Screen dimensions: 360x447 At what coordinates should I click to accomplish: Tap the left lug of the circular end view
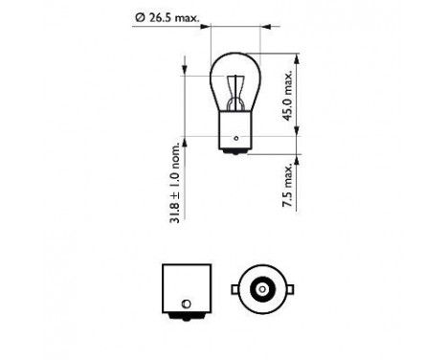tap(235, 287)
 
